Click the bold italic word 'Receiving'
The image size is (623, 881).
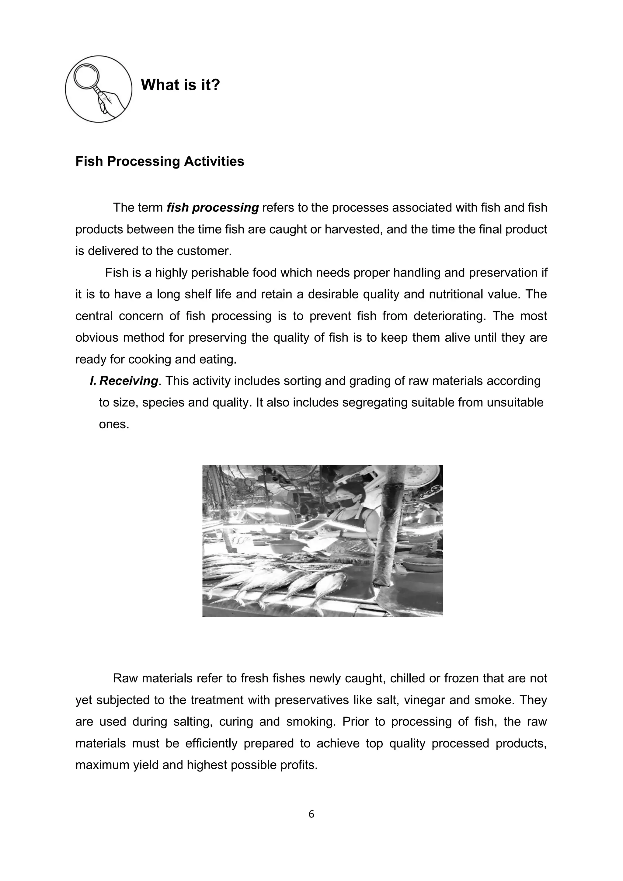click(128, 381)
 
